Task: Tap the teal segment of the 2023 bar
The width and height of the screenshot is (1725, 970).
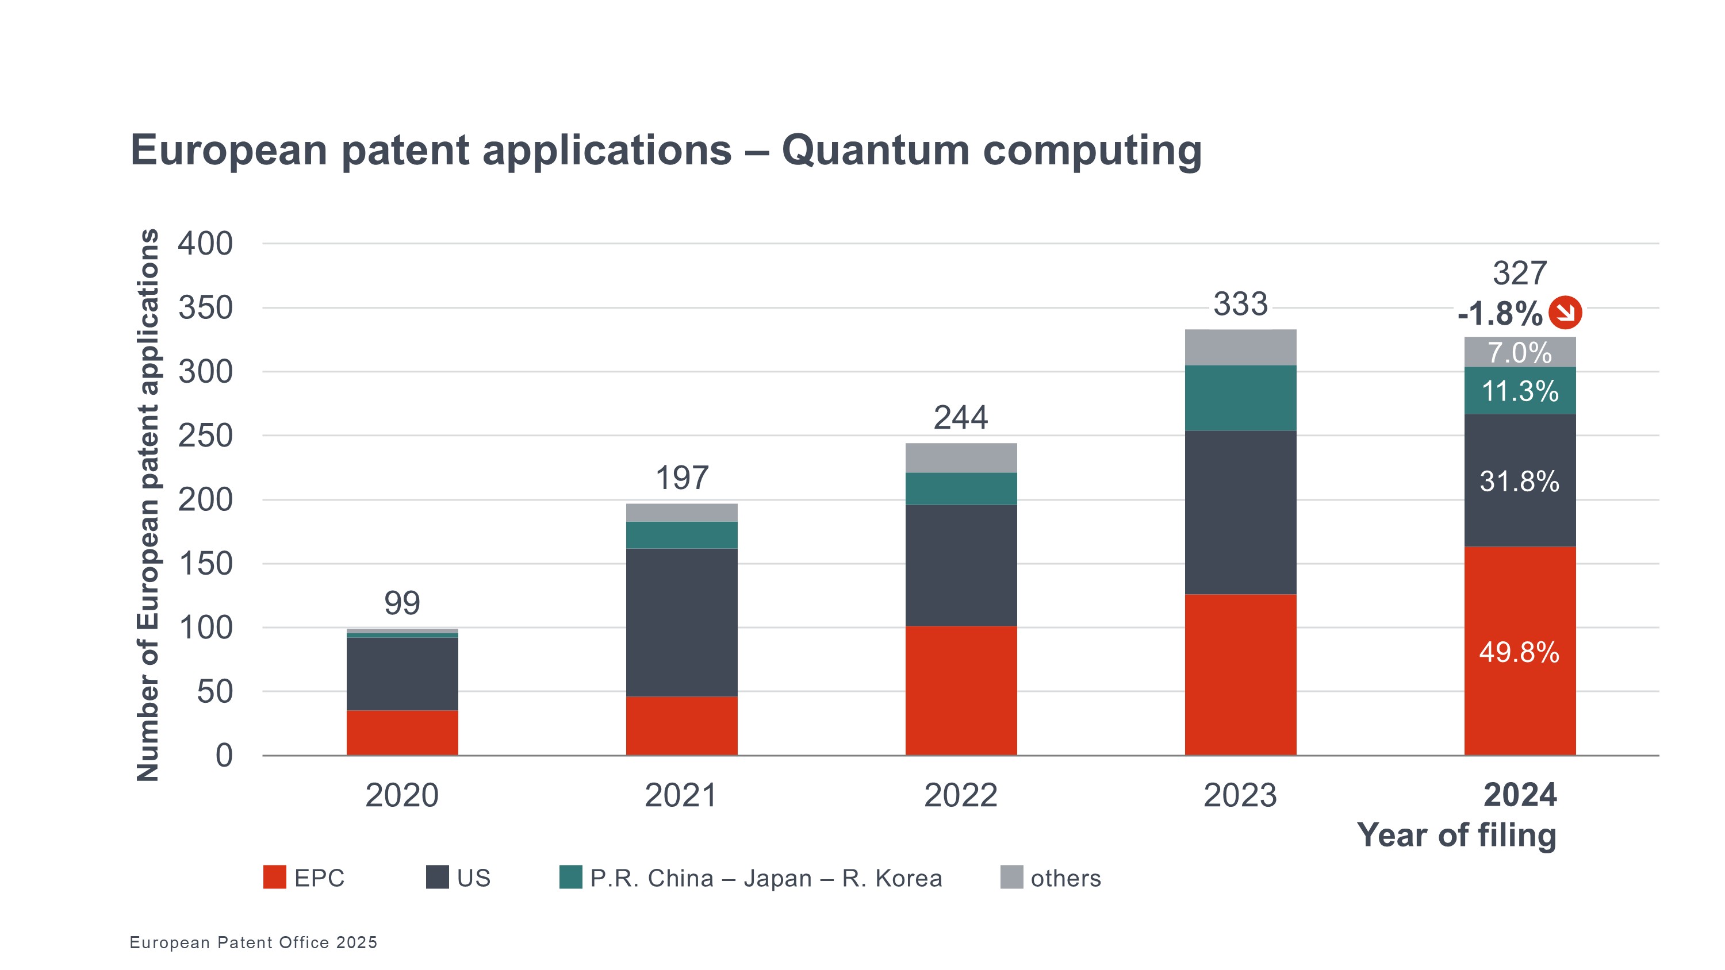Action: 1240,398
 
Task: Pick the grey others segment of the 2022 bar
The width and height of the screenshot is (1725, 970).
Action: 960,457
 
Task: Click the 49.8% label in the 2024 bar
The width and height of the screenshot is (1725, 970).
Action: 1519,652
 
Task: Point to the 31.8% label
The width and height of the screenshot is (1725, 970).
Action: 1519,482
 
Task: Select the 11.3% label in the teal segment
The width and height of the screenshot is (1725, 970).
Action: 1519,391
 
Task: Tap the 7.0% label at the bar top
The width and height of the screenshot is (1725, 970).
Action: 1519,353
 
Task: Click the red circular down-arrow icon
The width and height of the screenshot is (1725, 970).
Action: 1565,313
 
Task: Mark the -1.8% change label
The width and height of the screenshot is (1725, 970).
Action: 1500,313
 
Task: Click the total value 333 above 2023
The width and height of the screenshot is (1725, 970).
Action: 1240,305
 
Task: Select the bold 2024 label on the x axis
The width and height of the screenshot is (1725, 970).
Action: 1519,795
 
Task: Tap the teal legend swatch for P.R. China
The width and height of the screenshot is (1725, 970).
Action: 570,877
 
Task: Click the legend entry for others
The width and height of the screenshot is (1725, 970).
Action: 1065,877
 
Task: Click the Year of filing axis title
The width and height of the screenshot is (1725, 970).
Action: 1456,836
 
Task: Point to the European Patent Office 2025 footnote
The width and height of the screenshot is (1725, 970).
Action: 253,942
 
